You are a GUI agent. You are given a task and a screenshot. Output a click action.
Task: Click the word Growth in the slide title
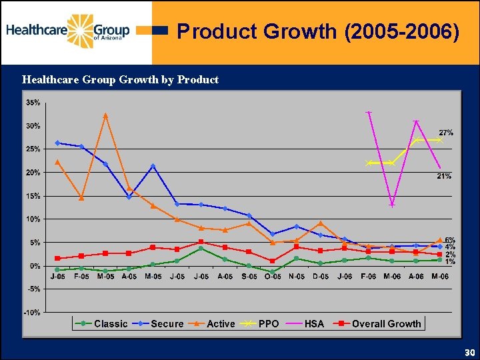pyautogui.click(x=301, y=32)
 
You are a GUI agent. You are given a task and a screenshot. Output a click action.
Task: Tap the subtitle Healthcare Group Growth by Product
pyautogui.click(x=120, y=80)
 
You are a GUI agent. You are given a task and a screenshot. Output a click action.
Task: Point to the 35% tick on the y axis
pyautogui.click(x=33, y=103)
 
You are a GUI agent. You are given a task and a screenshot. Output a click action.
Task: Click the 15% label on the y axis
pyautogui.click(x=33, y=196)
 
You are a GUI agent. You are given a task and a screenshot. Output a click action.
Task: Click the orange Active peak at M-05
pyautogui.click(x=105, y=115)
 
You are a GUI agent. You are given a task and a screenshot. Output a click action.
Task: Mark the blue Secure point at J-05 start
pyautogui.click(x=57, y=143)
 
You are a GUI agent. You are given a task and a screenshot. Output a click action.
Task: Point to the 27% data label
pyautogui.click(x=445, y=133)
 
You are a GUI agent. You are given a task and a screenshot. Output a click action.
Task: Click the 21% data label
pyautogui.click(x=444, y=176)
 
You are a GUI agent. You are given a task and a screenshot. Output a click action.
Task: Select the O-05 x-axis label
pyautogui.click(x=272, y=276)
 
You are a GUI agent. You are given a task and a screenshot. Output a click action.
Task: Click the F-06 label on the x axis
pyautogui.click(x=368, y=276)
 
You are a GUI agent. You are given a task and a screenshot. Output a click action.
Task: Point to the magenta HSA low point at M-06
pyautogui.click(x=392, y=205)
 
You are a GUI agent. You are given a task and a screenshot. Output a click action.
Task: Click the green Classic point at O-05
pyautogui.click(x=272, y=272)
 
